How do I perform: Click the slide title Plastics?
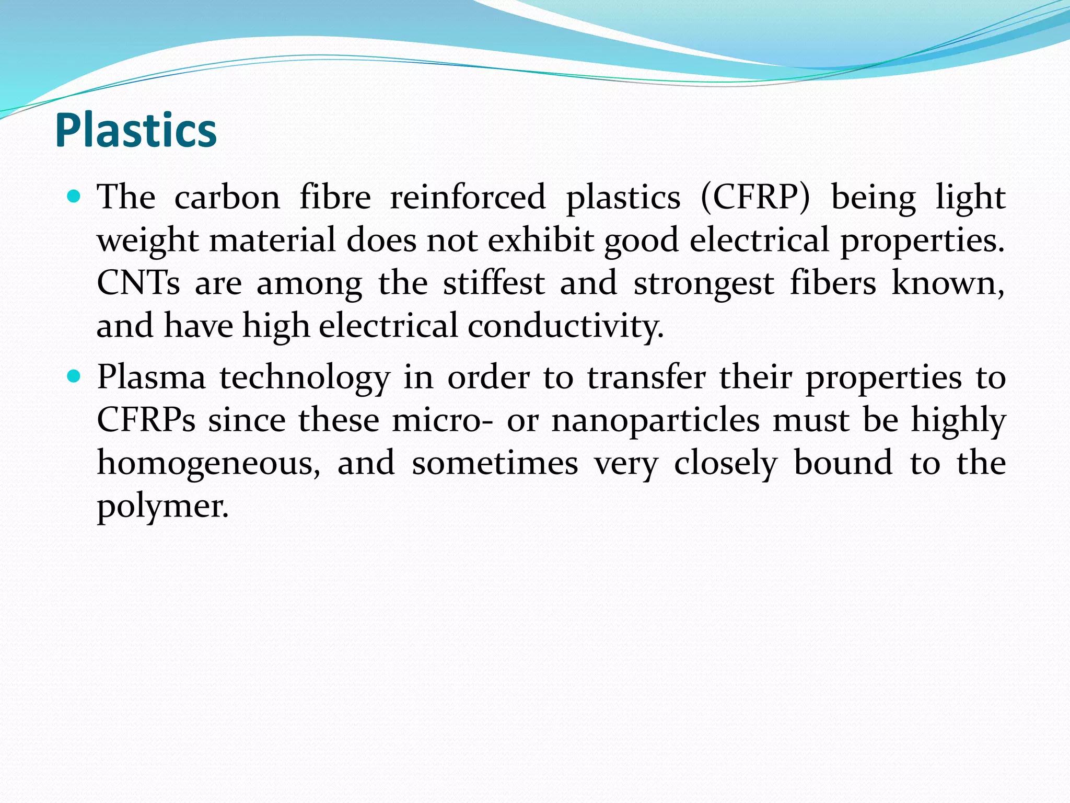point(136,131)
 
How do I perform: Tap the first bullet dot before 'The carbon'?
point(74,197)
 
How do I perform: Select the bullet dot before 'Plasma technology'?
point(74,376)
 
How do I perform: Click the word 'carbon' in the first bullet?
point(227,198)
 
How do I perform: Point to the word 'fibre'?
point(335,198)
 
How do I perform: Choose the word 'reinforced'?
point(468,198)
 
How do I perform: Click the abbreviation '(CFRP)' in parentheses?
point(755,198)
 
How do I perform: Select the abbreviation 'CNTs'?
point(138,283)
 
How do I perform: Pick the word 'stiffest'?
point(494,283)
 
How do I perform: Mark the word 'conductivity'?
point(565,326)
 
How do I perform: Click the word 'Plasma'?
point(152,377)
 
